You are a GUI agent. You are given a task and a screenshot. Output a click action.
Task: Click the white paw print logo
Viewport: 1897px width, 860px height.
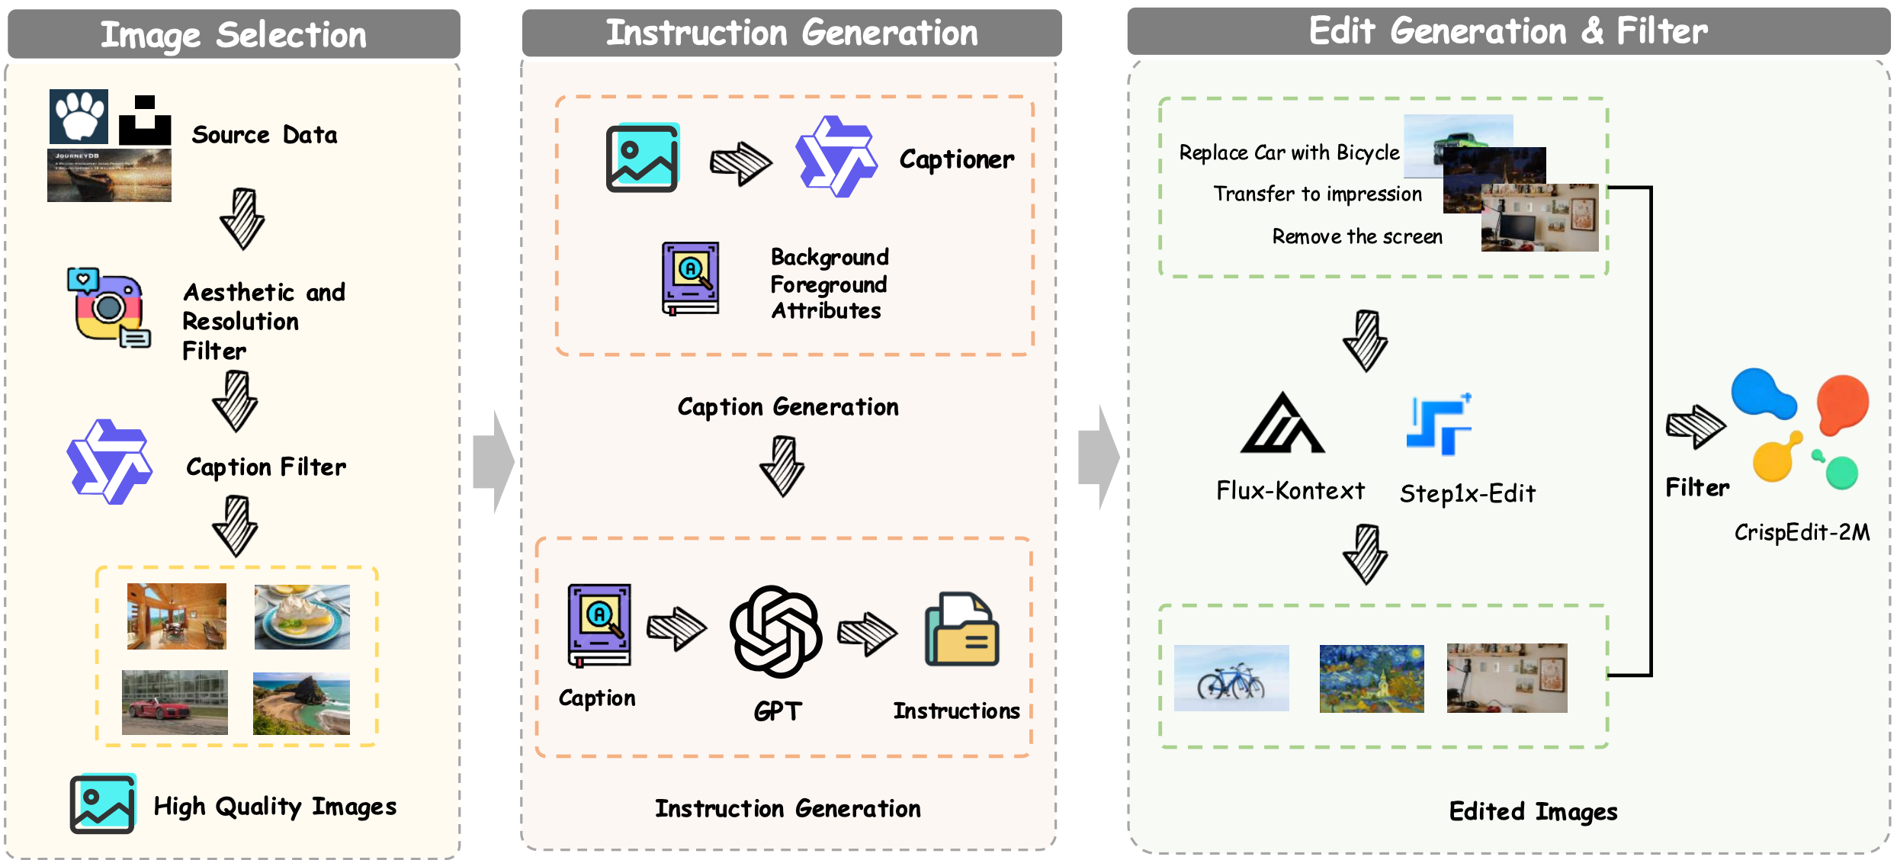[79, 116]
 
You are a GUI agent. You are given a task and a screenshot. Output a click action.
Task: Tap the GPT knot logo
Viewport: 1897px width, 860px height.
[775, 631]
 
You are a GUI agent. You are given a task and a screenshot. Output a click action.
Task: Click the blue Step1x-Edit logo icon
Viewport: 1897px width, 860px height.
[1439, 425]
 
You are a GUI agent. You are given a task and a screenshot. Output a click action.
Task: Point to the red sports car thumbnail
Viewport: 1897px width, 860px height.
[175, 702]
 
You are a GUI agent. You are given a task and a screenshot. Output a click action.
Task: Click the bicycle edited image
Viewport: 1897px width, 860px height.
[1231, 678]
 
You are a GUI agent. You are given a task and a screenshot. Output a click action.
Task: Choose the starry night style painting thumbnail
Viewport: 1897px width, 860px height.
[1371, 678]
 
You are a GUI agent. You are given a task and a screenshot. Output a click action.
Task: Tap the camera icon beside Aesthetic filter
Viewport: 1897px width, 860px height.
[109, 306]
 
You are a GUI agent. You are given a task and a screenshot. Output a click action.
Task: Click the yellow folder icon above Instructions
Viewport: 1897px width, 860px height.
[961, 630]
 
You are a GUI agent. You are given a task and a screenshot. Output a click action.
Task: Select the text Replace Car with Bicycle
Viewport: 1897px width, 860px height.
[1289, 152]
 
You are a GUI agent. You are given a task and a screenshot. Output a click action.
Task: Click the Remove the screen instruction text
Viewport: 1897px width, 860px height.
[1357, 236]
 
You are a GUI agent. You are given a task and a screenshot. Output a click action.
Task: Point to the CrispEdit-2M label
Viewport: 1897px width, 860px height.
[1802, 531]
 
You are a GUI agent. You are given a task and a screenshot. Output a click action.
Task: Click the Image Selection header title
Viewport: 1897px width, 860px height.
[233, 34]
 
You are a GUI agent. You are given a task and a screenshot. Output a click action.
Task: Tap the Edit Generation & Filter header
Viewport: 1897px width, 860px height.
[1507, 31]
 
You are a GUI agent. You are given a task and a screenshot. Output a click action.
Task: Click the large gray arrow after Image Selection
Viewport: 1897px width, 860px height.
[494, 461]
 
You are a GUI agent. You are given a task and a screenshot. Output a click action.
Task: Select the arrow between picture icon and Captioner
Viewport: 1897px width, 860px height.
[740, 162]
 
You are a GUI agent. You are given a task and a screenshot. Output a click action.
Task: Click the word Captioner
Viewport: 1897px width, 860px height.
[956, 159]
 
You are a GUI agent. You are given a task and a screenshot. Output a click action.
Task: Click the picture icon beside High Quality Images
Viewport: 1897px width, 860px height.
[103, 804]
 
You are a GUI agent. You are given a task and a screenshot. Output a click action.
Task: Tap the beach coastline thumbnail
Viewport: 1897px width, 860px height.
[301, 703]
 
